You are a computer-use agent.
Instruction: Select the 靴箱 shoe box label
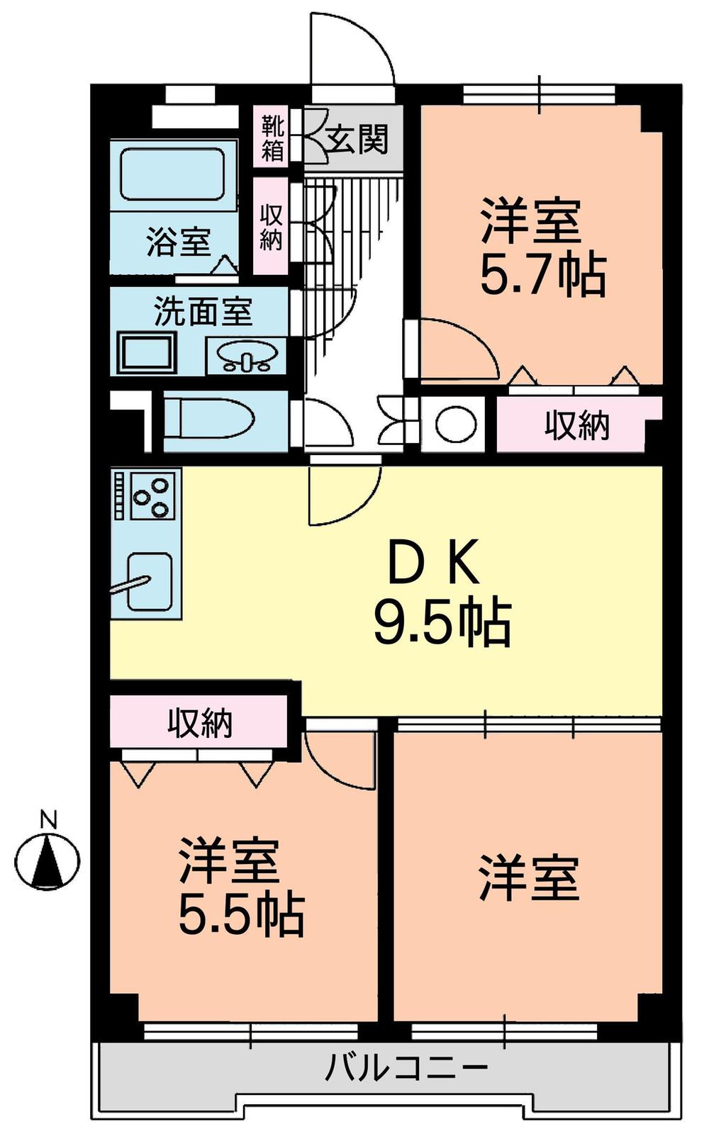(x=272, y=139)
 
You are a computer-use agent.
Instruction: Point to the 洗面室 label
(x=203, y=311)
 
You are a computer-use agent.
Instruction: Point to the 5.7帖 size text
(x=543, y=275)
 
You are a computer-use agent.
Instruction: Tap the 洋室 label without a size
(x=529, y=878)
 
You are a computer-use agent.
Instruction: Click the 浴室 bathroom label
(x=179, y=242)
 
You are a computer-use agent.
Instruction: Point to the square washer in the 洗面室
(x=147, y=353)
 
